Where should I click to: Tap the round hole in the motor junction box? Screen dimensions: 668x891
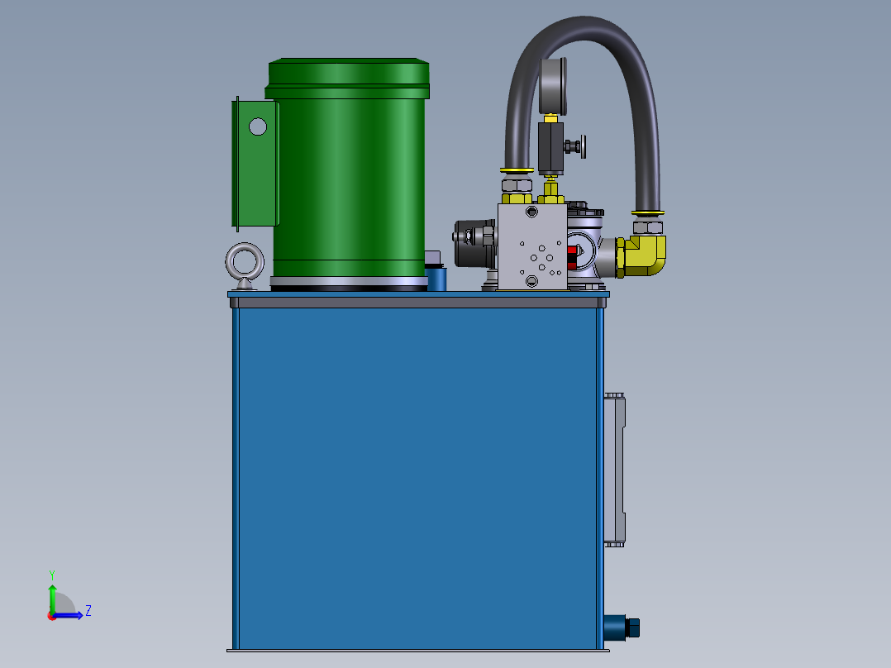click(258, 126)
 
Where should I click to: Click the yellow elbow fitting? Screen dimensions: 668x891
click(645, 255)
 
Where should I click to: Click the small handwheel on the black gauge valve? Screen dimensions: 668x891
click(584, 147)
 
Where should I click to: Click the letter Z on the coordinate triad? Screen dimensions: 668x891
click(88, 611)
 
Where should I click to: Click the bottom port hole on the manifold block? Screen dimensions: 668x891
click(531, 282)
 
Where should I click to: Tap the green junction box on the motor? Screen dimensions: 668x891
click(255, 162)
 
